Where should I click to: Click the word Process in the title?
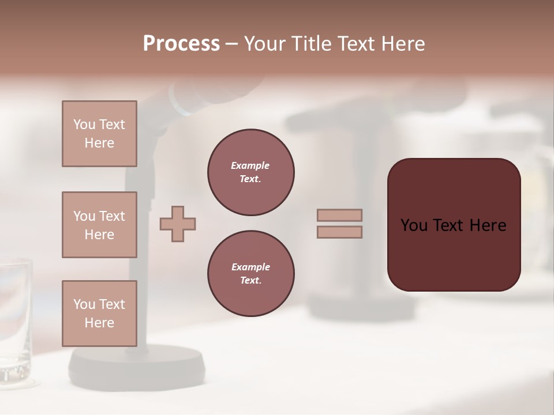[x=181, y=44]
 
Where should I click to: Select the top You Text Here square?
[x=99, y=134]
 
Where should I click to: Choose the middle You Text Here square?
[x=99, y=225]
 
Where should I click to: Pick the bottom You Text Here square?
[x=99, y=314]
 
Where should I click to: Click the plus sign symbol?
[x=178, y=224]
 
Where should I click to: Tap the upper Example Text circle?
[x=251, y=172]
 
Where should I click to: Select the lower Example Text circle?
[x=251, y=274]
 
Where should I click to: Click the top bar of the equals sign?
[x=339, y=215]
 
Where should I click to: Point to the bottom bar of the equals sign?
[x=339, y=232]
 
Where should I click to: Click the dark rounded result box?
[x=454, y=225]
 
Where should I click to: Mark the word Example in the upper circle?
[x=250, y=166]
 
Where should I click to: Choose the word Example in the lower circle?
[x=250, y=267]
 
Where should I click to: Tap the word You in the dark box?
[x=414, y=225]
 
